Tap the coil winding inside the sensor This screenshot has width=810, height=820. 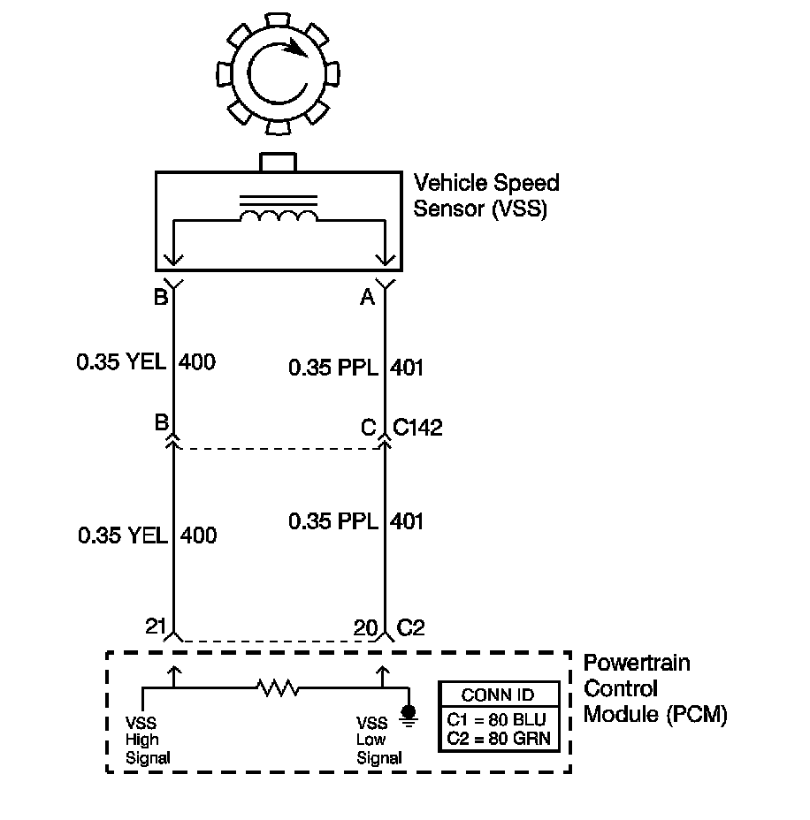pyautogui.click(x=279, y=217)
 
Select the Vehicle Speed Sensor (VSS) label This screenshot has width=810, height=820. pyautogui.click(x=486, y=197)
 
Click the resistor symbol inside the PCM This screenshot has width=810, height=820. pyautogui.click(x=278, y=687)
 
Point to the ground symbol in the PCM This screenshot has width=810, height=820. pyautogui.click(x=409, y=715)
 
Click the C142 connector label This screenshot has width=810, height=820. pyautogui.click(x=418, y=429)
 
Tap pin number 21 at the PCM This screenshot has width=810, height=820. pyautogui.click(x=157, y=626)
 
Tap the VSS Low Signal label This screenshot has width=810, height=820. pyautogui.click(x=378, y=739)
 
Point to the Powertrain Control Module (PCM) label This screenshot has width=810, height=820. pyautogui.click(x=654, y=688)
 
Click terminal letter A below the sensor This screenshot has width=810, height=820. pyautogui.click(x=367, y=299)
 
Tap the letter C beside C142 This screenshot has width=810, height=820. pyautogui.click(x=368, y=429)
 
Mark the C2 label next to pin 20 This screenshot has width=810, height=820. pyautogui.click(x=411, y=627)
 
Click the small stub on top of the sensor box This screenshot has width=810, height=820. pyautogui.click(x=279, y=162)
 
